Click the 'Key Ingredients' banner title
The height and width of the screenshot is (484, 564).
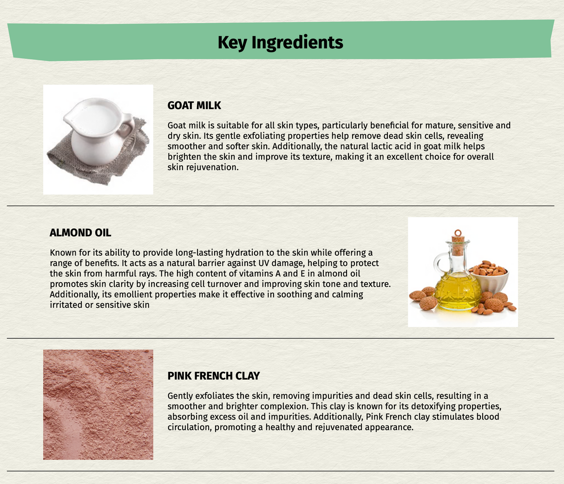[280, 43]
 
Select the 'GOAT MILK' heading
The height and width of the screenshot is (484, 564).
[194, 106]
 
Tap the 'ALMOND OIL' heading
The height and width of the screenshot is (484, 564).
[80, 233]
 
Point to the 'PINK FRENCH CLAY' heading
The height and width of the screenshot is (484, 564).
[213, 376]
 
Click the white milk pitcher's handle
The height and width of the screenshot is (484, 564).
[128, 126]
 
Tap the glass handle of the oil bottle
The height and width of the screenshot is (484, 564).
[440, 263]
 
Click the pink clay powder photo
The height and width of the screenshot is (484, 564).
[98, 405]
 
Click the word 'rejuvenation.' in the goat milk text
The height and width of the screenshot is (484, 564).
[203, 168]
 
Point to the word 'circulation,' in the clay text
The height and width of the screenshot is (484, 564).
[190, 427]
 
